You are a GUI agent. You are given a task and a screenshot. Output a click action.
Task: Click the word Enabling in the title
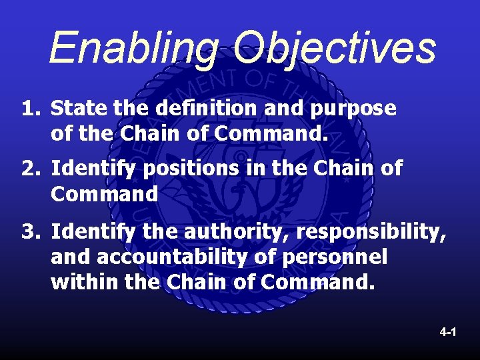[133, 48]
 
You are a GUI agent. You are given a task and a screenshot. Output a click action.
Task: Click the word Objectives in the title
[335, 48]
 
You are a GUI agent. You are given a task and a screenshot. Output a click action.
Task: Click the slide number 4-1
[447, 331]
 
